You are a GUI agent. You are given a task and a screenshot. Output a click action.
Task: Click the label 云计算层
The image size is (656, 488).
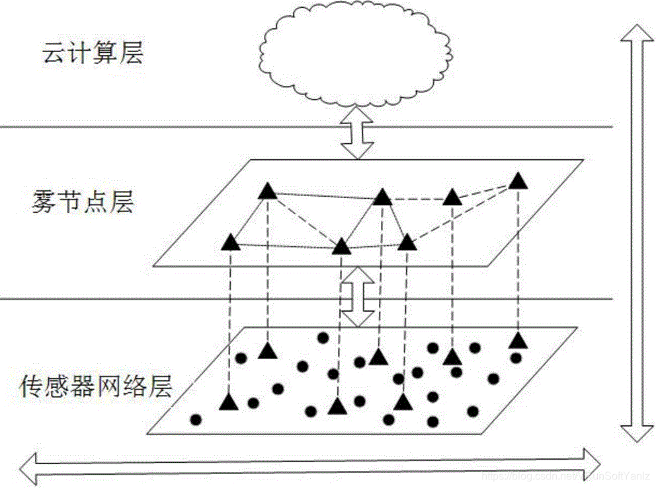point(93,53)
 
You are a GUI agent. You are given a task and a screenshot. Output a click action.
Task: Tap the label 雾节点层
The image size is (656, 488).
point(82,202)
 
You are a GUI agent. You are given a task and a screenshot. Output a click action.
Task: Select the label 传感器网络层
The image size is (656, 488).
point(97,385)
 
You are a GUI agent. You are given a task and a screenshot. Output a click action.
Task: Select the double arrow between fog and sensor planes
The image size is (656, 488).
point(357,296)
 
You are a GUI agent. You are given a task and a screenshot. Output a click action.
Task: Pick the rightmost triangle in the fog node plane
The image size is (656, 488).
point(519,180)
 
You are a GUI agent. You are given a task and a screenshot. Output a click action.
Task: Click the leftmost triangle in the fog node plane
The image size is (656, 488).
point(230,242)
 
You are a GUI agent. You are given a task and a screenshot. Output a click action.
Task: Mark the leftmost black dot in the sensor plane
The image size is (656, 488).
point(196,419)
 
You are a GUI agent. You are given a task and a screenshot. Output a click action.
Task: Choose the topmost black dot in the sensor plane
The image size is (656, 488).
point(323,337)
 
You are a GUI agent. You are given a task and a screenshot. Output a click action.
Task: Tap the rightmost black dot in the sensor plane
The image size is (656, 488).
point(516,358)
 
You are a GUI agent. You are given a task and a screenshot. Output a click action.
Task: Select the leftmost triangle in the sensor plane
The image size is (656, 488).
point(229,401)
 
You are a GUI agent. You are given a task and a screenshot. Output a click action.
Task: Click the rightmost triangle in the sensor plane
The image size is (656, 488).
point(519,341)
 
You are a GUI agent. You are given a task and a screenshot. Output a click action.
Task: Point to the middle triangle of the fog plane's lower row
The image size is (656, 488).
point(341,247)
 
